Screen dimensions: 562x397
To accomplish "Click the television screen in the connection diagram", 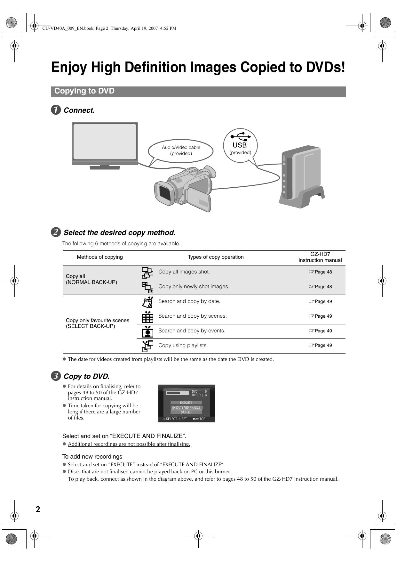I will [105, 142].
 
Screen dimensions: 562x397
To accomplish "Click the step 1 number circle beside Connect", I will [56, 110].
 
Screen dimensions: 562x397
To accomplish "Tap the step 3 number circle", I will [56, 376].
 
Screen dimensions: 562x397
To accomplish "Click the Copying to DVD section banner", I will [198, 91].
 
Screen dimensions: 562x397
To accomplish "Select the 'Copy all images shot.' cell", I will [184, 272].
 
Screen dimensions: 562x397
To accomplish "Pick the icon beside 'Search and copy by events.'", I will [147, 331].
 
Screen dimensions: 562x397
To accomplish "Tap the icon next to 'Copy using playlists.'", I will [147, 346].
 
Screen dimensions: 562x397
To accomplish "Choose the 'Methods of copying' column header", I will [100, 257].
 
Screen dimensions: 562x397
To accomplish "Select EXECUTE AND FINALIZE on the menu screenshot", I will [186, 408].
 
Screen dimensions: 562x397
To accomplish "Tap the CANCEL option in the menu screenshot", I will [186, 412].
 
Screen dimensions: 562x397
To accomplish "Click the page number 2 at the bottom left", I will [38, 509].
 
